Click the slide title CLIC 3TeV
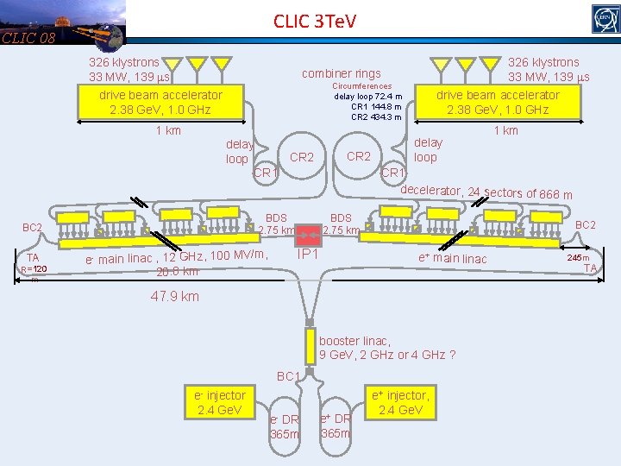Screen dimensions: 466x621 point(314,20)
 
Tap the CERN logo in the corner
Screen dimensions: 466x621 point(605,17)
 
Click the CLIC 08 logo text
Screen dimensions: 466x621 point(28,37)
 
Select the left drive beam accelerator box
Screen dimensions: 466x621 point(160,102)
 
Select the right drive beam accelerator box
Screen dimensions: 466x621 point(498,102)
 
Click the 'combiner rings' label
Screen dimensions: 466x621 point(341,74)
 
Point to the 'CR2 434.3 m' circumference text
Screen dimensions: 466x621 point(376,116)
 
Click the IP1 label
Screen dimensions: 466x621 point(308,255)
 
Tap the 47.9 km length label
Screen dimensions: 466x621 point(174,297)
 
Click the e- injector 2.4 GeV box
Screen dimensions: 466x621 point(219,401)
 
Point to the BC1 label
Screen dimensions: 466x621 point(288,376)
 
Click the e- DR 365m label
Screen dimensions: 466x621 point(285,426)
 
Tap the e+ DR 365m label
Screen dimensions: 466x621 point(335,425)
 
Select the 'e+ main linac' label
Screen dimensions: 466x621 point(453,259)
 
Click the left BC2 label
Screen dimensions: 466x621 point(33,228)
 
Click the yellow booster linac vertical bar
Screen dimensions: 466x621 point(310,347)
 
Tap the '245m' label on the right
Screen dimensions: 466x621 point(578,257)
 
